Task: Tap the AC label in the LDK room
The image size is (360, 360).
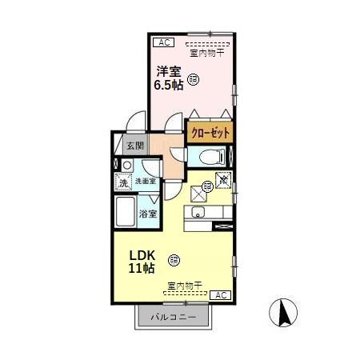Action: (x=222, y=295)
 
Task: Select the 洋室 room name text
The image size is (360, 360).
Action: (x=169, y=70)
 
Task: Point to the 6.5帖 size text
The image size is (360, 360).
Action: (x=169, y=84)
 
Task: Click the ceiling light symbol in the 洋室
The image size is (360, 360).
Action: (x=194, y=78)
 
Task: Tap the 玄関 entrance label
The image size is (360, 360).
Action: (x=135, y=146)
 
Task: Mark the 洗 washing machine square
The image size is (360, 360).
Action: (x=123, y=183)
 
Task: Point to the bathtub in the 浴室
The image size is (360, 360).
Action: (x=126, y=214)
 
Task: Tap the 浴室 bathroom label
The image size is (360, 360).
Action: (x=148, y=214)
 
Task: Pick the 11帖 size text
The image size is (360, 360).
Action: (x=142, y=269)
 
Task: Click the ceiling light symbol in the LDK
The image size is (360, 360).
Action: (x=174, y=258)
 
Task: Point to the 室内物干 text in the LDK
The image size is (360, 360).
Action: (x=184, y=286)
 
